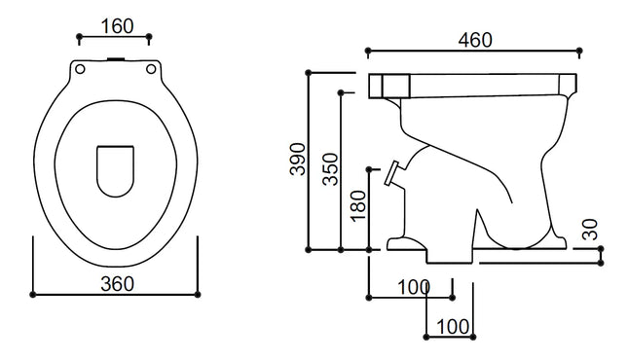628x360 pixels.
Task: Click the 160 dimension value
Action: (117, 26)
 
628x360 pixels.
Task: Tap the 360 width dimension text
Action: (117, 284)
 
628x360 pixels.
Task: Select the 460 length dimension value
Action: (475, 40)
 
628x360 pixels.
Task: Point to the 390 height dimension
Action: (298, 159)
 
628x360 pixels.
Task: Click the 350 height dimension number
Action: (330, 169)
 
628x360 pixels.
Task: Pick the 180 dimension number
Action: (358, 206)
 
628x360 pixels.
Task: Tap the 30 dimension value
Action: (590, 230)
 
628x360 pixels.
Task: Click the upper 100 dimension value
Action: (414, 287)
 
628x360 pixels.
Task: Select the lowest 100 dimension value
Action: (453, 327)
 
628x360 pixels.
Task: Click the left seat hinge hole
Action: (80, 69)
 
